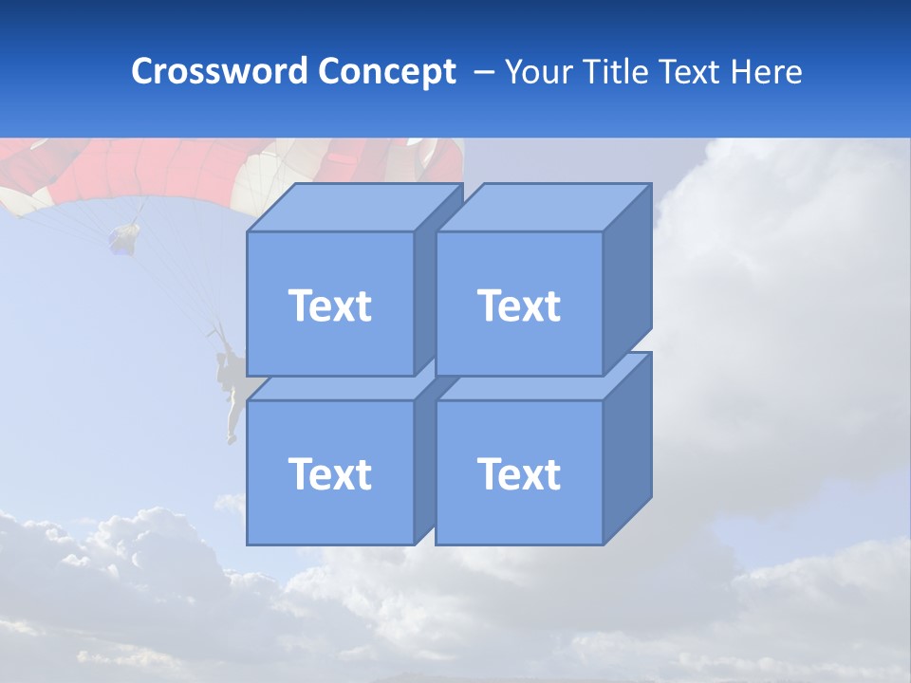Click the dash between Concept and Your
tap(482, 71)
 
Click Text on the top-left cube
tap(329, 305)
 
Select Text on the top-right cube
tap(518, 305)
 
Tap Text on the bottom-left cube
tap(329, 473)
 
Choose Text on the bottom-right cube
tap(518, 473)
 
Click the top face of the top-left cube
tap(351, 207)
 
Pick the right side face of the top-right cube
tap(627, 275)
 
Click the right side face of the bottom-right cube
tap(627, 446)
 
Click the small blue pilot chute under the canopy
tap(123, 237)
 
